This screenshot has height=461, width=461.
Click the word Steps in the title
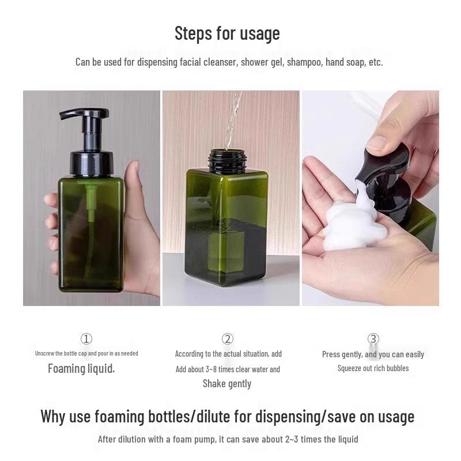193,33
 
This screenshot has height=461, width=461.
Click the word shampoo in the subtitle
304,63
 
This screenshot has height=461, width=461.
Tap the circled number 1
86,339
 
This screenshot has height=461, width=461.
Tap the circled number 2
228,339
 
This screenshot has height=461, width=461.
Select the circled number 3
373,339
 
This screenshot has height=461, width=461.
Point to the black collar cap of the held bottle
92,163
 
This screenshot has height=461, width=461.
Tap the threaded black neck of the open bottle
226,161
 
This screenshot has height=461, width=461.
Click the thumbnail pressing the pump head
377,142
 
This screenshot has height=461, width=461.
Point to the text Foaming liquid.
81,369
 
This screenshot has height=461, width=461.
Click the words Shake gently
227,384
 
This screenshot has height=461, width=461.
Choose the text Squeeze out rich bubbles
373,368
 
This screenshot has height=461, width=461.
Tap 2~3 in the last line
292,439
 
